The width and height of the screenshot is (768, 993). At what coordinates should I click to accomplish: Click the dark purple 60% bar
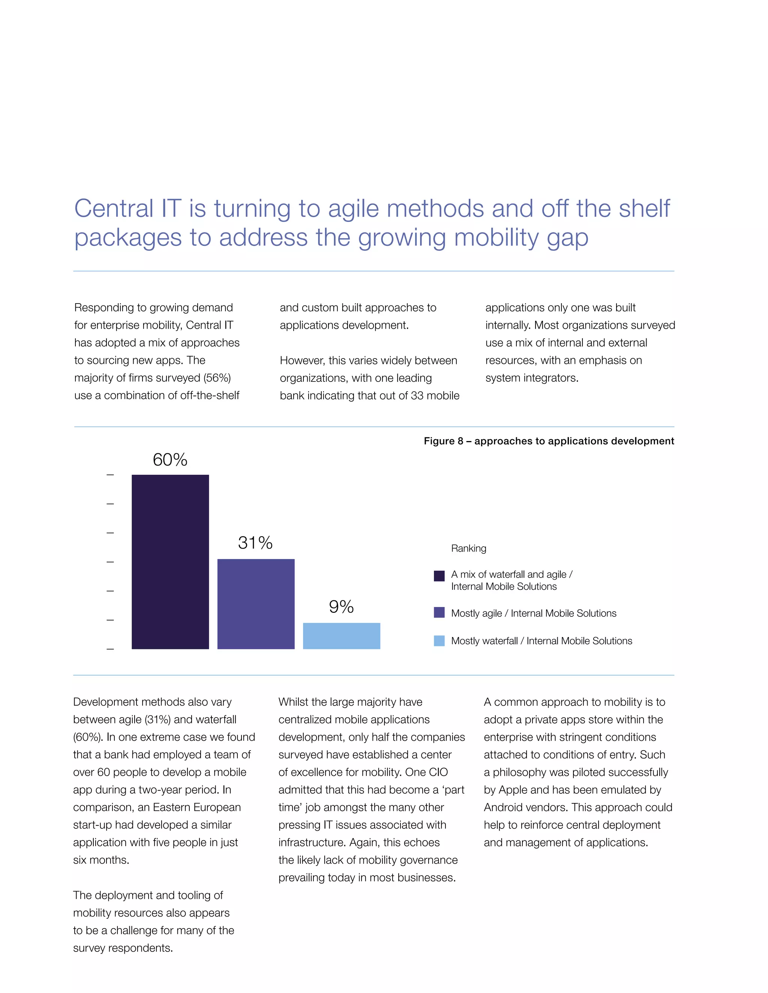170,562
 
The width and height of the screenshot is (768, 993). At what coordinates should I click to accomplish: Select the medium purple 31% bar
256,604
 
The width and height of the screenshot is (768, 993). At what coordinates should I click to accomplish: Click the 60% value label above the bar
170,460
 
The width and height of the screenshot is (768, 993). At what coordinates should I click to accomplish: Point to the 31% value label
255,543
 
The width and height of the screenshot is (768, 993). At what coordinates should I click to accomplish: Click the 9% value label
341,607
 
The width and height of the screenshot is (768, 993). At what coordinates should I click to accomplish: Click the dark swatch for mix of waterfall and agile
439,576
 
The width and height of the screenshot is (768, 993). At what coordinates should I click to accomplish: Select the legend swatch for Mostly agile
439,612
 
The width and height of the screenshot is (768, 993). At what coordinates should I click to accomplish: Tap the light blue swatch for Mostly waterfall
439,641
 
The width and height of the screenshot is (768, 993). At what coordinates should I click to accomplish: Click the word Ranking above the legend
468,548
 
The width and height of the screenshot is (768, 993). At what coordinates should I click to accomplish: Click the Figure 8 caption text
548,441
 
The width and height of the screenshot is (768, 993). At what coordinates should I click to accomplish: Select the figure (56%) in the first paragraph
217,378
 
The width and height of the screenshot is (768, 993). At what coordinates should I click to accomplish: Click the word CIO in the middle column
438,772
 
